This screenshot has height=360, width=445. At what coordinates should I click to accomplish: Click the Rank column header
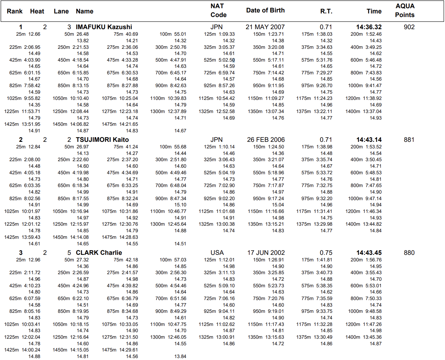15,11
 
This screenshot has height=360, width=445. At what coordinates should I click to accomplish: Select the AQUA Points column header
405,10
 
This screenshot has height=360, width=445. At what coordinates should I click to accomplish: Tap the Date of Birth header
265,10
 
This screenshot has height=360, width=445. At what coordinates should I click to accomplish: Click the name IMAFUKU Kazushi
104,27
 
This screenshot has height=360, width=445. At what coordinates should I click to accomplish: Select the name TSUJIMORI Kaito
102,140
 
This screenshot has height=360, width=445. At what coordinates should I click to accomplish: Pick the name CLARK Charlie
99,253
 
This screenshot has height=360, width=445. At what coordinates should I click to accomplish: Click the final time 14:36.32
369,27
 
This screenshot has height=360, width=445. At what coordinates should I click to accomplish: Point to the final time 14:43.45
369,253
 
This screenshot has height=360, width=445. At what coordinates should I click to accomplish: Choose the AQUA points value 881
409,140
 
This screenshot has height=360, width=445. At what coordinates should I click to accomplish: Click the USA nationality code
217,253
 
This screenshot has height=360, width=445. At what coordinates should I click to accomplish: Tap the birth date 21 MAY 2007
265,27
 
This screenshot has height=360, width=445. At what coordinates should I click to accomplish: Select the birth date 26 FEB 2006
266,140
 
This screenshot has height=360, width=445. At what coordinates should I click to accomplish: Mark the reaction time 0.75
326,253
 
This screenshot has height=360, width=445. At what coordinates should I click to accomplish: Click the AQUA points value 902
409,27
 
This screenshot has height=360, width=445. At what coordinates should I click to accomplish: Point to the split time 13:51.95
31,124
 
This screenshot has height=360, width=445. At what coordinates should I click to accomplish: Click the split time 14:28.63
129,237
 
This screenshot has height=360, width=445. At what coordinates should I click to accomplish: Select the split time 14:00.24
31,350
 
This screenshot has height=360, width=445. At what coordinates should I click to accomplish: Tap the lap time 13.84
180,356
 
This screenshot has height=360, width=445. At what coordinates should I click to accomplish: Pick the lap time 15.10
180,205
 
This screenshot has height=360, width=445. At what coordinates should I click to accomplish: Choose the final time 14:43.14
369,140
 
